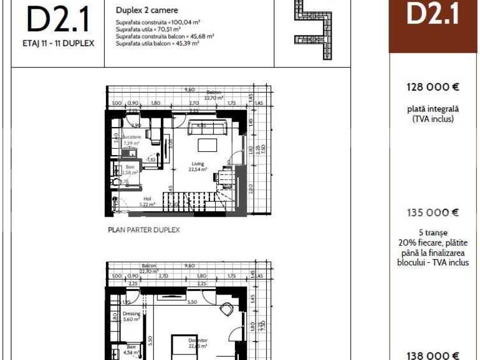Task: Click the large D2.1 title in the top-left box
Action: [57, 21]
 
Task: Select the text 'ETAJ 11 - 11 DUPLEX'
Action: [58, 44]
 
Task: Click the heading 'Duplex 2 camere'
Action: [146, 11]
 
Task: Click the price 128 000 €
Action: [433, 87]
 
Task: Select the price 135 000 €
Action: [433, 212]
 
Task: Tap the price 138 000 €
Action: [433, 355]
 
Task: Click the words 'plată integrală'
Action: [433, 108]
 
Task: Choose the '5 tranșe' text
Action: [433, 232]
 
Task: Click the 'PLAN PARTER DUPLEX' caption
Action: [144, 230]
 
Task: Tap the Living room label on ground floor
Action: [198, 166]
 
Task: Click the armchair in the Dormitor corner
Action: [226, 308]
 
